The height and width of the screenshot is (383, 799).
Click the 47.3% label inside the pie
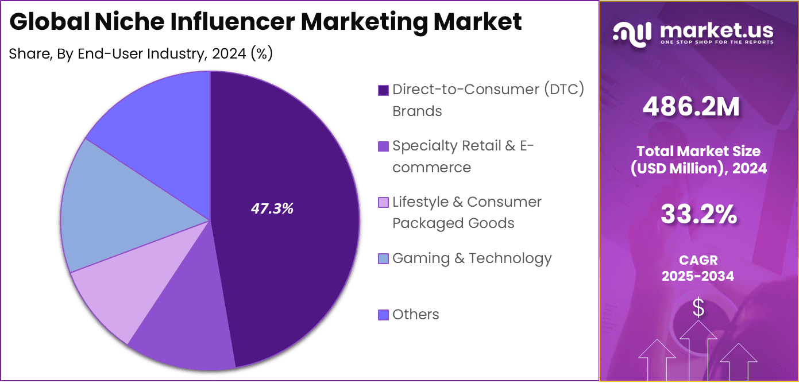[x=272, y=209]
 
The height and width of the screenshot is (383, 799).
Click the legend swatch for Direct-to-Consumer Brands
[x=383, y=90]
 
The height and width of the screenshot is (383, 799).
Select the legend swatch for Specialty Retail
[x=383, y=146]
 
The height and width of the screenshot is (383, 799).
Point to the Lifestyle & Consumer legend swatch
[x=383, y=203]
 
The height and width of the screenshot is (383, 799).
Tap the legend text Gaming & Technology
[x=472, y=258]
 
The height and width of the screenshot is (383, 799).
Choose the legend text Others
[x=415, y=315]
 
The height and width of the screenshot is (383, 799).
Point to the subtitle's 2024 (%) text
[x=242, y=54]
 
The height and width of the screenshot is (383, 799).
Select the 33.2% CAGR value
[x=698, y=215]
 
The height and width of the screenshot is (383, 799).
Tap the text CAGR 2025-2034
[x=697, y=268]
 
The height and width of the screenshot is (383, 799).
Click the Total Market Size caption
[x=698, y=160]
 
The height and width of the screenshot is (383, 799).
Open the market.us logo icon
[x=632, y=33]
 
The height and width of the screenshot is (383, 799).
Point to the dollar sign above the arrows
[x=698, y=308]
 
